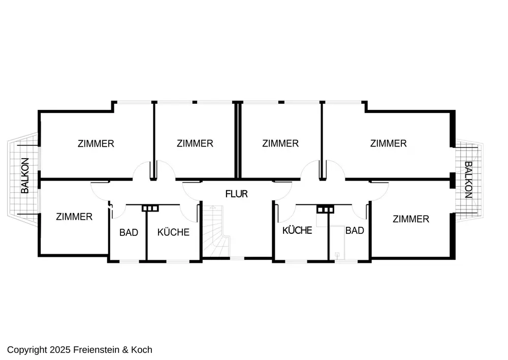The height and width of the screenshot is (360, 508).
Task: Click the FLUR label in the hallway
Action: (x=237, y=194)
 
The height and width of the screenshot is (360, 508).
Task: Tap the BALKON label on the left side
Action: (x=25, y=175)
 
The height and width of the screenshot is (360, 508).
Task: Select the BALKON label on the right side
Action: (x=468, y=179)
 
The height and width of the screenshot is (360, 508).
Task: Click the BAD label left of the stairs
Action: (x=129, y=232)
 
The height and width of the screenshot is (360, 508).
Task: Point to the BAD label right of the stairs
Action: (x=355, y=231)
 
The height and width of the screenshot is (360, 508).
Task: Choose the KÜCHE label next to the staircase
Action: (x=173, y=232)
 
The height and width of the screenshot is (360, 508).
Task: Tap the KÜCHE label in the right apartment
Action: (x=297, y=230)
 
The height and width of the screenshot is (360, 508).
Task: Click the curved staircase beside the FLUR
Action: (x=215, y=231)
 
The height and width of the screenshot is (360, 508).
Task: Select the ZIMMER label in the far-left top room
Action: (x=96, y=144)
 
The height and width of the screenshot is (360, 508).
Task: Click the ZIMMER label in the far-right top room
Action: (x=389, y=143)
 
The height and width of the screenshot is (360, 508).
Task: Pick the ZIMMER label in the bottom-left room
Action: (x=74, y=217)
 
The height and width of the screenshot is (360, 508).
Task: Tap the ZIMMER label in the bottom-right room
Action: (x=411, y=219)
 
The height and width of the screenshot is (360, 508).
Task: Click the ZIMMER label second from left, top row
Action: (x=195, y=143)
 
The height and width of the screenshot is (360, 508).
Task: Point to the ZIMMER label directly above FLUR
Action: (x=280, y=143)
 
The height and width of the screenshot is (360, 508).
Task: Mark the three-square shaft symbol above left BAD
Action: (x=150, y=208)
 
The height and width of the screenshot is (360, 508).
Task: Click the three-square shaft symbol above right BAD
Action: (x=325, y=210)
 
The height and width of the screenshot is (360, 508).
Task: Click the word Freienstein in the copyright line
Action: (x=96, y=350)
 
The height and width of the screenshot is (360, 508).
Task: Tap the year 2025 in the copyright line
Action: (x=60, y=350)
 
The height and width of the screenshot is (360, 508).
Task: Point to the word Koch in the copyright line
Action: (x=142, y=350)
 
